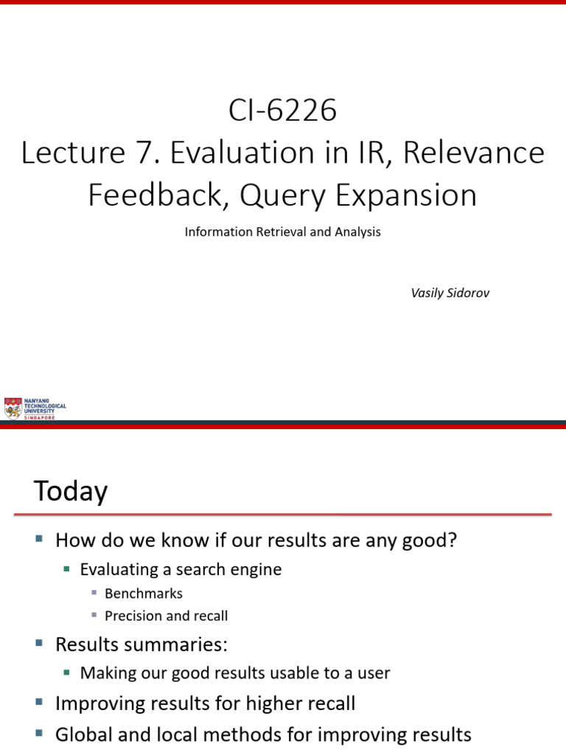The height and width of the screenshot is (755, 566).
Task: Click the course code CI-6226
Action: pyautogui.click(x=282, y=111)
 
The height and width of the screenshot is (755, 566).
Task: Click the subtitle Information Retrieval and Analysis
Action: pyautogui.click(x=282, y=232)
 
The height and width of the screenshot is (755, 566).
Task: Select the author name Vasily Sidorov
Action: pyautogui.click(x=450, y=293)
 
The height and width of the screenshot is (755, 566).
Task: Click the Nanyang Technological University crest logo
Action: pyautogui.click(x=13, y=408)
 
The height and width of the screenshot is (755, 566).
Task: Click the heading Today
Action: pyautogui.click(x=71, y=492)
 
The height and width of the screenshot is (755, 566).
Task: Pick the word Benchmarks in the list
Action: pyautogui.click(x=144, y=594)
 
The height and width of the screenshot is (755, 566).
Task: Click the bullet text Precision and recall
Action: pyautogui.click(x=167, y=616)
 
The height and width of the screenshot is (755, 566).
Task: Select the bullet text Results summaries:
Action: pyautogui.click(x=141, y=644)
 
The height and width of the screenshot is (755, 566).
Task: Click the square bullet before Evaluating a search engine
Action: pyautogui.click(x=66, y=568)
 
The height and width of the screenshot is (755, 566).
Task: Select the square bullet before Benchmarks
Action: pyautogui.click(x=94, y=593)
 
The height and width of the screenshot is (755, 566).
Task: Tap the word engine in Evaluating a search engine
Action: pyautogui.click(x=259, y=569)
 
